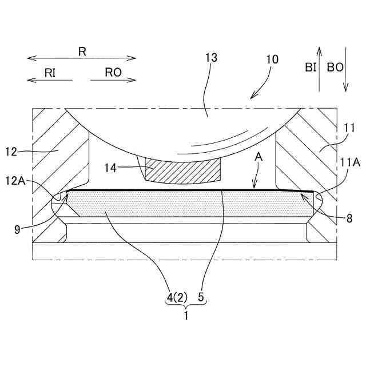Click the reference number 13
(x=211, y=58)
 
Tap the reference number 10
(x=272, y=59)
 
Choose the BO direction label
(x=335, y=67)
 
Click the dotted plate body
(x=172, y=204)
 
